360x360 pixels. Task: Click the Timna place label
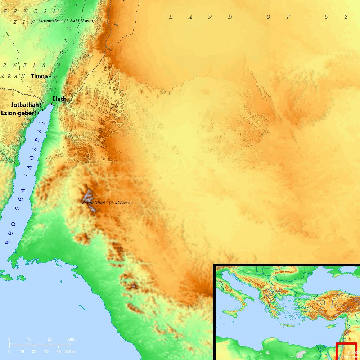click(x=39, y=76)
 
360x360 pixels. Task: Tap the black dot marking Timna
click(x=50, y=76)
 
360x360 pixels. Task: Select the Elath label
click(x=59, y=99)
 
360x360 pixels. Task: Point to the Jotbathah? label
click(x=26, y=105)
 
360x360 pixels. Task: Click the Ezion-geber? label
click(x=19, y=113)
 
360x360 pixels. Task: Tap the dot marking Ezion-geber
click(x=39, y=113)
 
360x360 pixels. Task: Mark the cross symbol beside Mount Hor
click(x=97, y=22)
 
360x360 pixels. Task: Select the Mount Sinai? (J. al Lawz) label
click(x=106, y=203)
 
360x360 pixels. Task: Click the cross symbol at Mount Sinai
click(x=80, y=200)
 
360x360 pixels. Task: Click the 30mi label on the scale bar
click(x=71, y=339)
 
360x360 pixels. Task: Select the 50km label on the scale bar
click(x=70, y=351)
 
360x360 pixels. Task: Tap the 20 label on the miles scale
click(x=50, y=339)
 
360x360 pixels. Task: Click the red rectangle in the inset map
click(x=346, y=351)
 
